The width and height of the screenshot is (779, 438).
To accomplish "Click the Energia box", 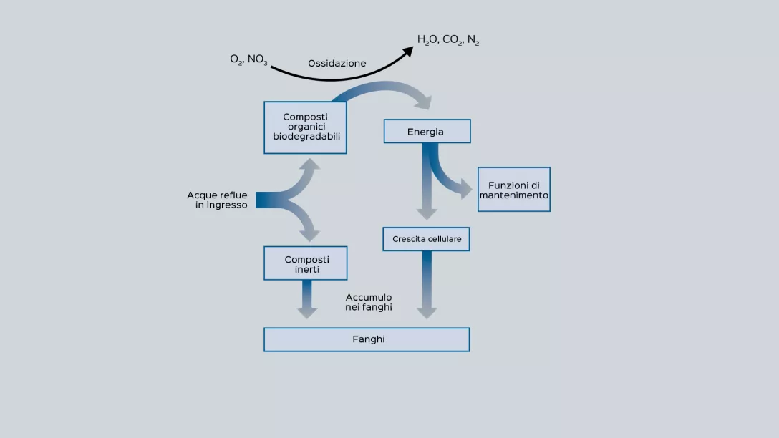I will coord(427,132).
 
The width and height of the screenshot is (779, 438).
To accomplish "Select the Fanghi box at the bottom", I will coord(367,339).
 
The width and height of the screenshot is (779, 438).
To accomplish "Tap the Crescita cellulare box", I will coord(427,239).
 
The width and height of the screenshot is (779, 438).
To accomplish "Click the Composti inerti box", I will coord(306,263).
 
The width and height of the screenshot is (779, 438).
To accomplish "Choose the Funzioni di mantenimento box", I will coord(514,190).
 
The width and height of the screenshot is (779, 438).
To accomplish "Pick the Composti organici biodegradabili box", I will coord(306,127).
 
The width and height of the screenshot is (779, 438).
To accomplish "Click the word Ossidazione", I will coord(337,64).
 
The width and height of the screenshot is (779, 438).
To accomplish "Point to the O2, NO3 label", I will coord(248,59).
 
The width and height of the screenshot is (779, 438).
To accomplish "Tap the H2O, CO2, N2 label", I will coord(448,40).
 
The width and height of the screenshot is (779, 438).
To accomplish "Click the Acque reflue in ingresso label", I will coord(218,200).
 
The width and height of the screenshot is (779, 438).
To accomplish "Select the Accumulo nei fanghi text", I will coord(369,302).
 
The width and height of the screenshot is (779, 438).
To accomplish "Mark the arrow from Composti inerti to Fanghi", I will coord(307,299).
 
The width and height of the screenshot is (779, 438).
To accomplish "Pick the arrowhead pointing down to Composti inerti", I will coord(310,234).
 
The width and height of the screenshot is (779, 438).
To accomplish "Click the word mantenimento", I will coord(514,195).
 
